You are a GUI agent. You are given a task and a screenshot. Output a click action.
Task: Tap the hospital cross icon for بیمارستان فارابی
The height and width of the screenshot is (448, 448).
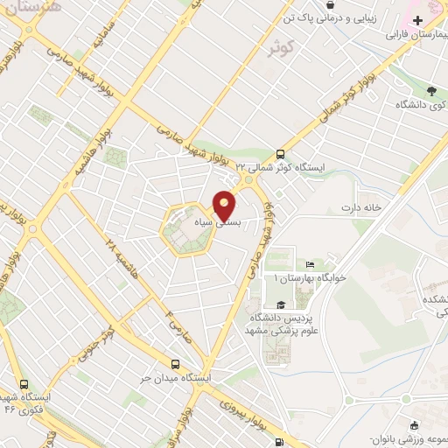tap(417, 21)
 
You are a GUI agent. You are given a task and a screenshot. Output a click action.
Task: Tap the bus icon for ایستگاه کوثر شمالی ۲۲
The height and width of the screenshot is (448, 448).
tap(280, 150)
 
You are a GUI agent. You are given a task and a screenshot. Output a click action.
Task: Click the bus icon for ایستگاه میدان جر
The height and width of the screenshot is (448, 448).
tap(177, 363)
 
